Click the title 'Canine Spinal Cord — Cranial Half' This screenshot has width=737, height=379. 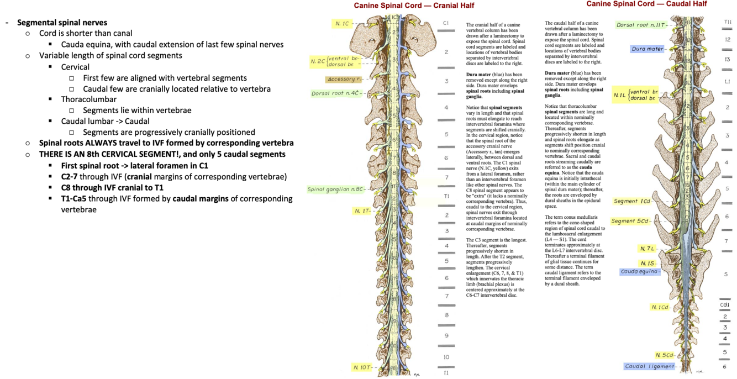tap(414, 6)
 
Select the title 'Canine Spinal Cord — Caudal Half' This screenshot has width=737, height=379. tap(646, 4)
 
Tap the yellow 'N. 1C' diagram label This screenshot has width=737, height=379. tap(343, 24)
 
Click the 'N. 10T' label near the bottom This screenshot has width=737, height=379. tap(362, 367)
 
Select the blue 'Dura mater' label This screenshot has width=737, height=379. tap(647, 49)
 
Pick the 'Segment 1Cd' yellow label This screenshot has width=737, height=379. tap(632, 201)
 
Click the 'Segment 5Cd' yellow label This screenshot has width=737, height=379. tap(630, 221)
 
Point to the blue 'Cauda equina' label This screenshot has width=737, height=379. tap(639, 272)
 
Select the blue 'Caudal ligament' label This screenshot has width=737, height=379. tap(649, 366)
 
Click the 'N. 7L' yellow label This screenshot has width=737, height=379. tap(647, 249)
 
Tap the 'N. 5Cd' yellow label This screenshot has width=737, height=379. tap(665, 355)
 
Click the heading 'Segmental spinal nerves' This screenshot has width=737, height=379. tap(62, 23)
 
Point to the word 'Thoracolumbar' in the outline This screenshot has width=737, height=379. tap(89, 99)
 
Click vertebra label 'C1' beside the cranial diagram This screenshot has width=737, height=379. tap(446, 23)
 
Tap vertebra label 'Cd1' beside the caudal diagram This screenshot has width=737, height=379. tap(725, 304)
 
